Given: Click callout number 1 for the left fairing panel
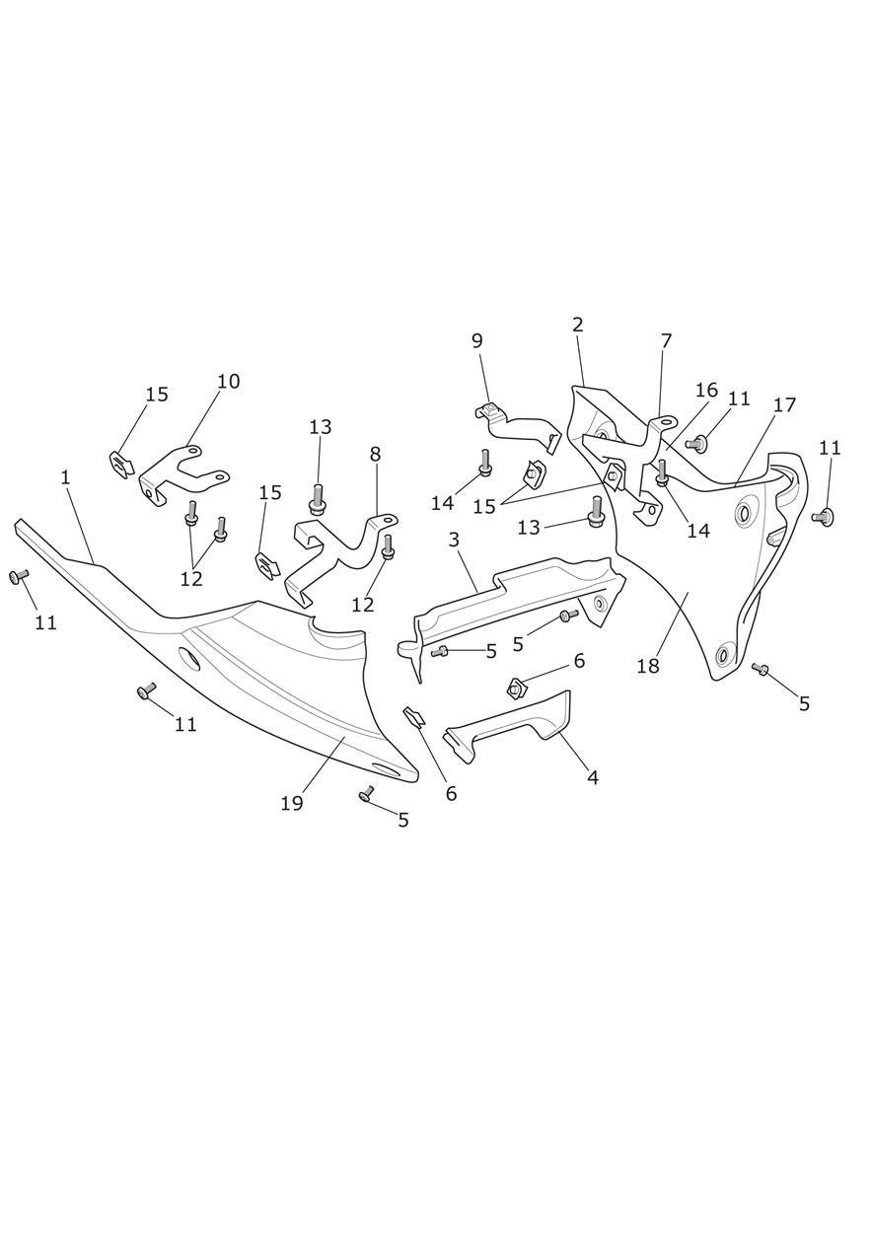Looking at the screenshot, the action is click(66, 477).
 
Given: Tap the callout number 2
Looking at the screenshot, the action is click(577, 325).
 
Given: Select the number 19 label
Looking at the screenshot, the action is click(292, 804).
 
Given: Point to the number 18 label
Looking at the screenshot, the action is click(648, 666).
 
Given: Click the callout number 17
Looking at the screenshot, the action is click(784, 405).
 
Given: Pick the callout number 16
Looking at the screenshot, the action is click(707, 391).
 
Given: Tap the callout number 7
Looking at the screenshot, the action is click(666, 341).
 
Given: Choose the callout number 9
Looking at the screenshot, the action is click(476, 340).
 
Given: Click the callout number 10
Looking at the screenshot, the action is click(229, 381).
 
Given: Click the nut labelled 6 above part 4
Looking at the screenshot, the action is click(515, 689).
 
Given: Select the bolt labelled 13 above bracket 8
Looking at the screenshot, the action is click(316, 499).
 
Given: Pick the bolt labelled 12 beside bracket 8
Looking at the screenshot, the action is click(388, 548).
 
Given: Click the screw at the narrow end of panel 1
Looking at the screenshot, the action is click(18, 576).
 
